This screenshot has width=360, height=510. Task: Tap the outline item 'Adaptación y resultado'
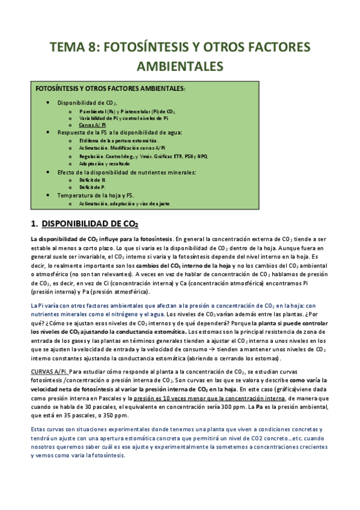105,164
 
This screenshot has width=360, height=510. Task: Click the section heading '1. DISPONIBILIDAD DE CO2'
84,224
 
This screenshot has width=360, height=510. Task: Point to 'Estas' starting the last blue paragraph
40,429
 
